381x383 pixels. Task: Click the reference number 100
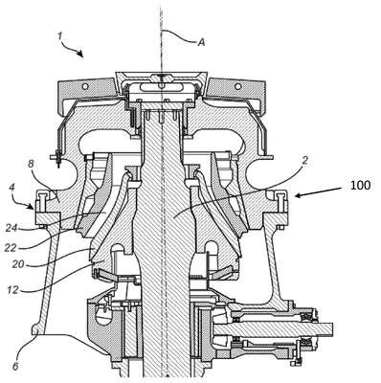(x=360, y=186)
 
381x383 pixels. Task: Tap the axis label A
(x=201, y=42)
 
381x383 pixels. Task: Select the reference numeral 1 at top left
(x=59, y=35)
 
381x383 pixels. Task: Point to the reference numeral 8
(x=31, y=164)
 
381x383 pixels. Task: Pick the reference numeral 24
(x=11, y=228)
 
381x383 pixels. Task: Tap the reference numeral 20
(x=18, y=264)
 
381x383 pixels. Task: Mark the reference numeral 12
(x=13, y=291)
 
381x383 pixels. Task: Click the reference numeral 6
(x=15, y=366)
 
